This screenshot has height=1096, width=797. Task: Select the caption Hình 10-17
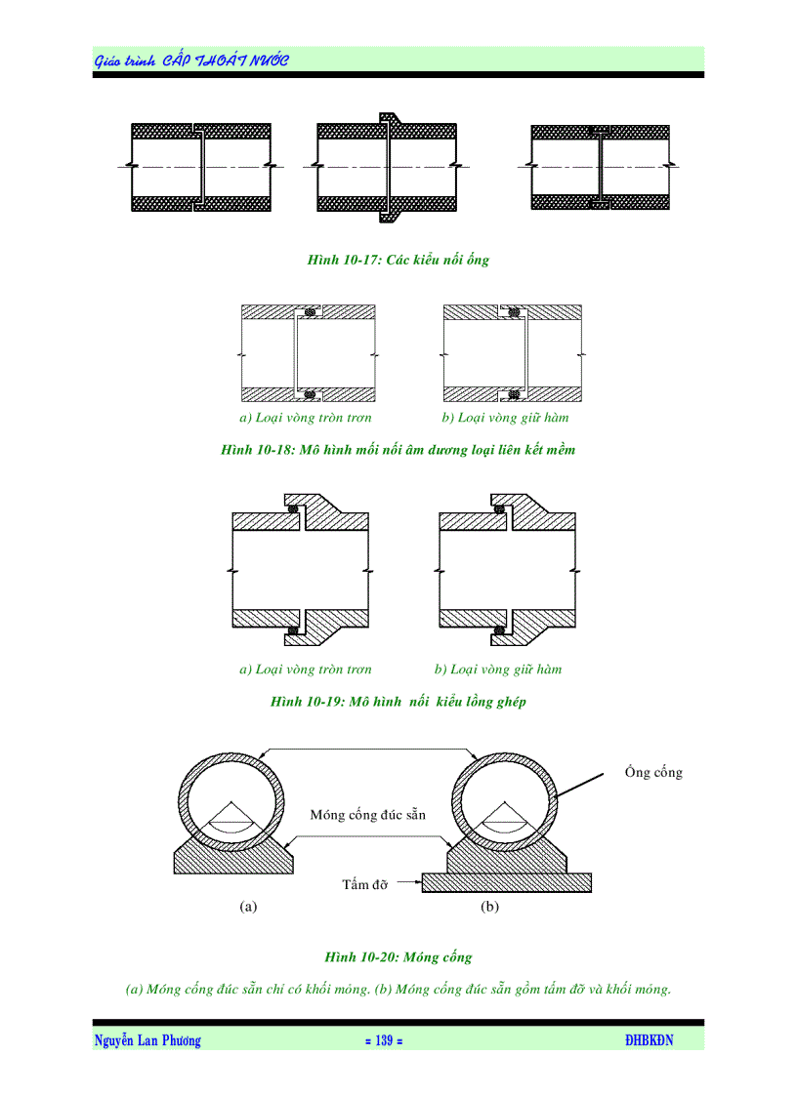point(398,261)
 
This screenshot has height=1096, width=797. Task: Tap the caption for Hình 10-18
point(398,450)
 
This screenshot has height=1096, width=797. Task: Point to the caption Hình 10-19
point(398,702)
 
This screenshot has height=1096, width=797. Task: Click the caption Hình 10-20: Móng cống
point(398,957)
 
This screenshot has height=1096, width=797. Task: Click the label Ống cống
point(653,773)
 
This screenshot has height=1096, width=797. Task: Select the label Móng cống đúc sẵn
point(368,814)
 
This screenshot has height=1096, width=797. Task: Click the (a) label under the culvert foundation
point(248,907)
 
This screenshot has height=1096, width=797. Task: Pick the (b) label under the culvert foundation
point(489,907)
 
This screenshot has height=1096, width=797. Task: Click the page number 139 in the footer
point(383,1041)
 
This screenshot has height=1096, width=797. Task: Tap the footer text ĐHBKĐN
point(650,1041)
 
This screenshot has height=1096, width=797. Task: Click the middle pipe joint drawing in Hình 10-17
point(387,167)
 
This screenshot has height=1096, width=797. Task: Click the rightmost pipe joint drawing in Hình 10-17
point(600,167)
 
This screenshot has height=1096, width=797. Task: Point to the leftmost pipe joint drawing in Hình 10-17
point(201,167)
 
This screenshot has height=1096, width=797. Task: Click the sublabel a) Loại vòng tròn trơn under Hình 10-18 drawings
point(306,418)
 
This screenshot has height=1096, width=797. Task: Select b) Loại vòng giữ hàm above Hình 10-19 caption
point(498,670)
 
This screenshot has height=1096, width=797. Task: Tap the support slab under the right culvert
point(507,882)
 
